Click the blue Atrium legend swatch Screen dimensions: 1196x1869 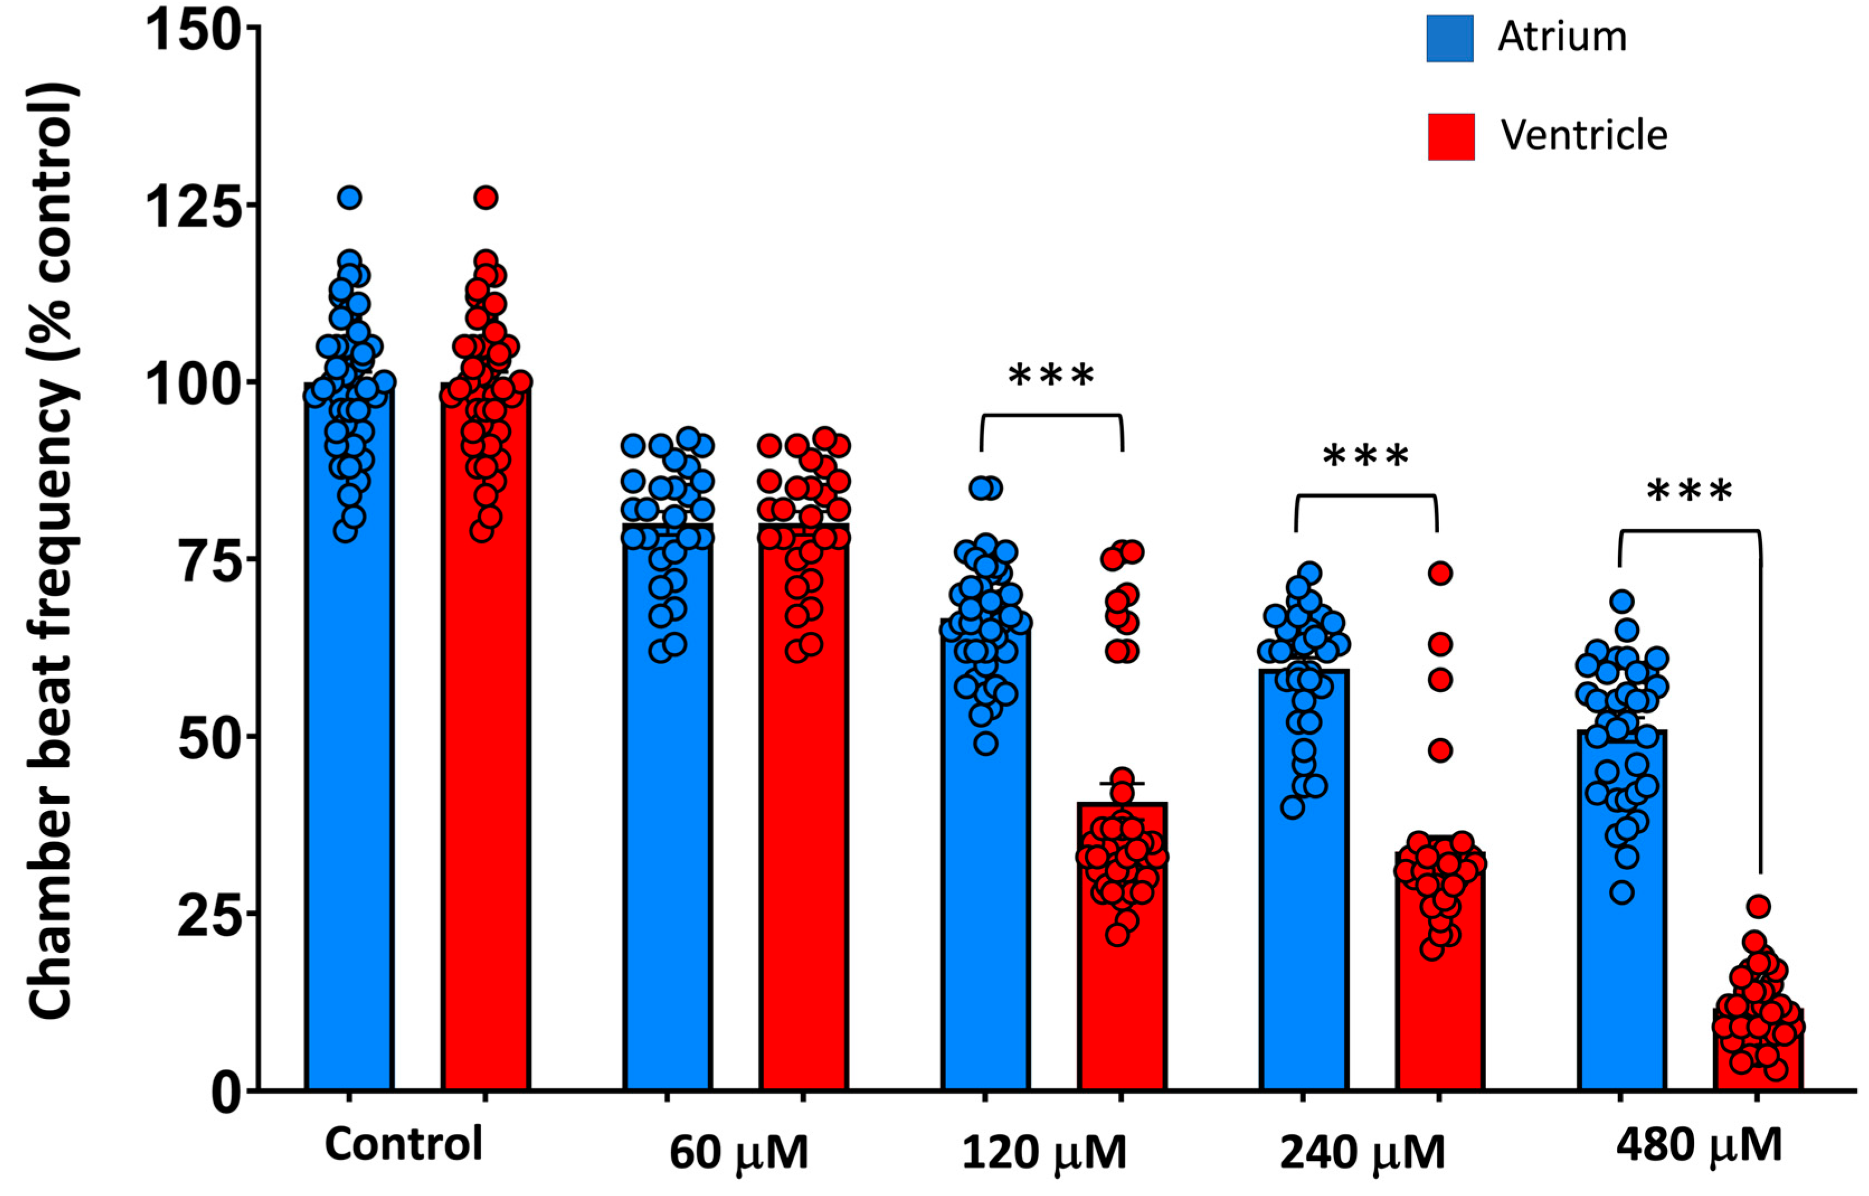[1449, 38]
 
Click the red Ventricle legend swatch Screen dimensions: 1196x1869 [1450, 136]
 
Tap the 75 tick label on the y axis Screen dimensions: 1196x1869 [200, 559]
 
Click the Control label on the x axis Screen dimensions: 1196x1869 [404, 1144]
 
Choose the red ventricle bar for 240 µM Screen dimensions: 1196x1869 [1440, 1010]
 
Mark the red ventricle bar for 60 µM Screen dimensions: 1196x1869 [803, 854]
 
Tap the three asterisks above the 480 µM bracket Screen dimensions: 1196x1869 [1689, 491]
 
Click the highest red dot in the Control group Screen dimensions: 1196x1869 [486, 198]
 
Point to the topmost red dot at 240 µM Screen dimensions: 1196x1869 [1440, 574]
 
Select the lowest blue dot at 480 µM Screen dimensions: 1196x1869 [1621, 892]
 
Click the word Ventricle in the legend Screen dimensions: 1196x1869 [1583, 136]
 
